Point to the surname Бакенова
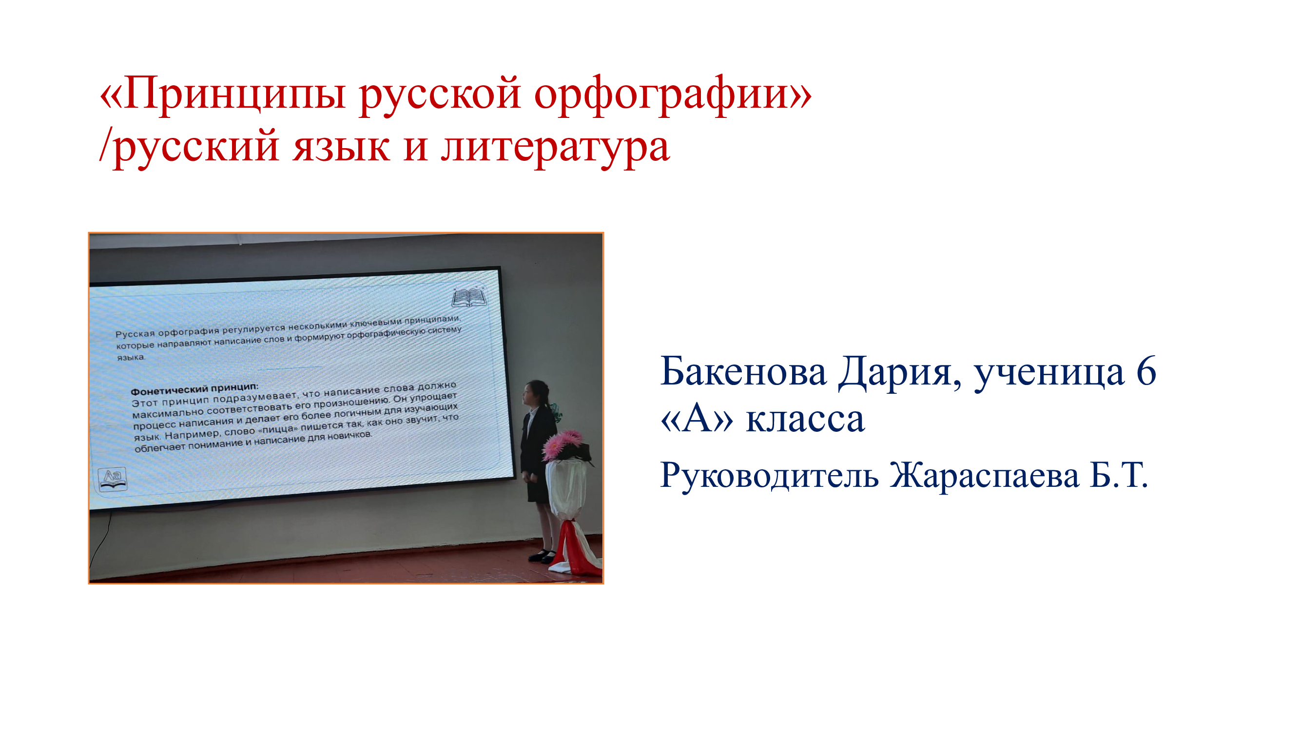point(743,371)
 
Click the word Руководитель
point(769,475)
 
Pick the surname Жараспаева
point(984,475)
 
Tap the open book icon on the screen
point(469,298)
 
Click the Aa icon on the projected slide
point(112,479)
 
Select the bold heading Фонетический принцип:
point(194,389)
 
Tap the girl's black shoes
point(542,556)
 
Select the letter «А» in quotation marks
point(697,419)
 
